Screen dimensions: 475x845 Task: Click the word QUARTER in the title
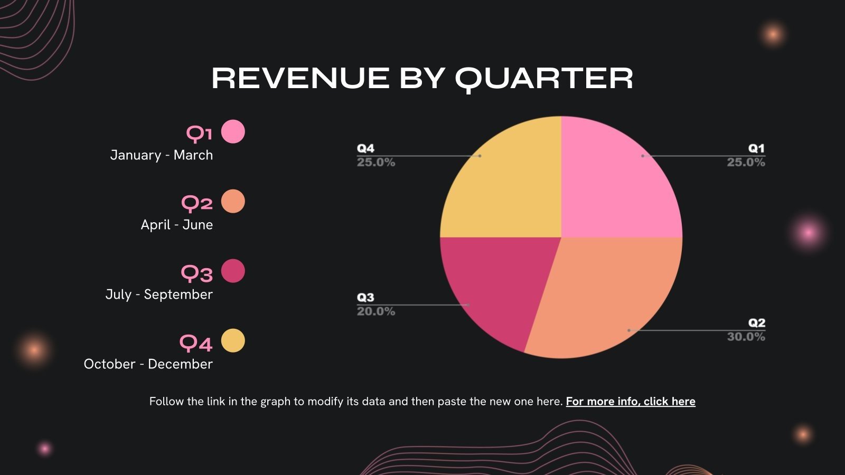click(544, 79)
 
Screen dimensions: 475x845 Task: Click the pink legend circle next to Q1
click(233, 131)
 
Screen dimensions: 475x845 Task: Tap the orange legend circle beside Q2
click(233, 201)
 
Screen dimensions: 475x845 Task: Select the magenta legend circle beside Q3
click(233, 271)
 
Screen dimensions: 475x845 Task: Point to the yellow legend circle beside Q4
click(233, 340)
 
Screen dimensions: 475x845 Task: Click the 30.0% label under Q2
click(746, 337)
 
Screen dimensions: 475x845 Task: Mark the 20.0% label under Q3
click(376, 311)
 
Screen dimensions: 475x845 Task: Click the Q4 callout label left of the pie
click(365, 148)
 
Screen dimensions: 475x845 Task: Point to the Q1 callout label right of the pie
click(756, 148)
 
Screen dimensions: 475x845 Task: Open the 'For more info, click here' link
click(631, 402)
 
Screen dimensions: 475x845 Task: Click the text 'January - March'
click(162, 155)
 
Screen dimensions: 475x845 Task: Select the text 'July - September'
click(159, 294)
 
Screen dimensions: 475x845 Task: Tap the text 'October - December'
click(148, 364)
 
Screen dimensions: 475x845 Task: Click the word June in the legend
click(198, 225)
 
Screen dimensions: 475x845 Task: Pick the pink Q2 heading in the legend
click(197, 203)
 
